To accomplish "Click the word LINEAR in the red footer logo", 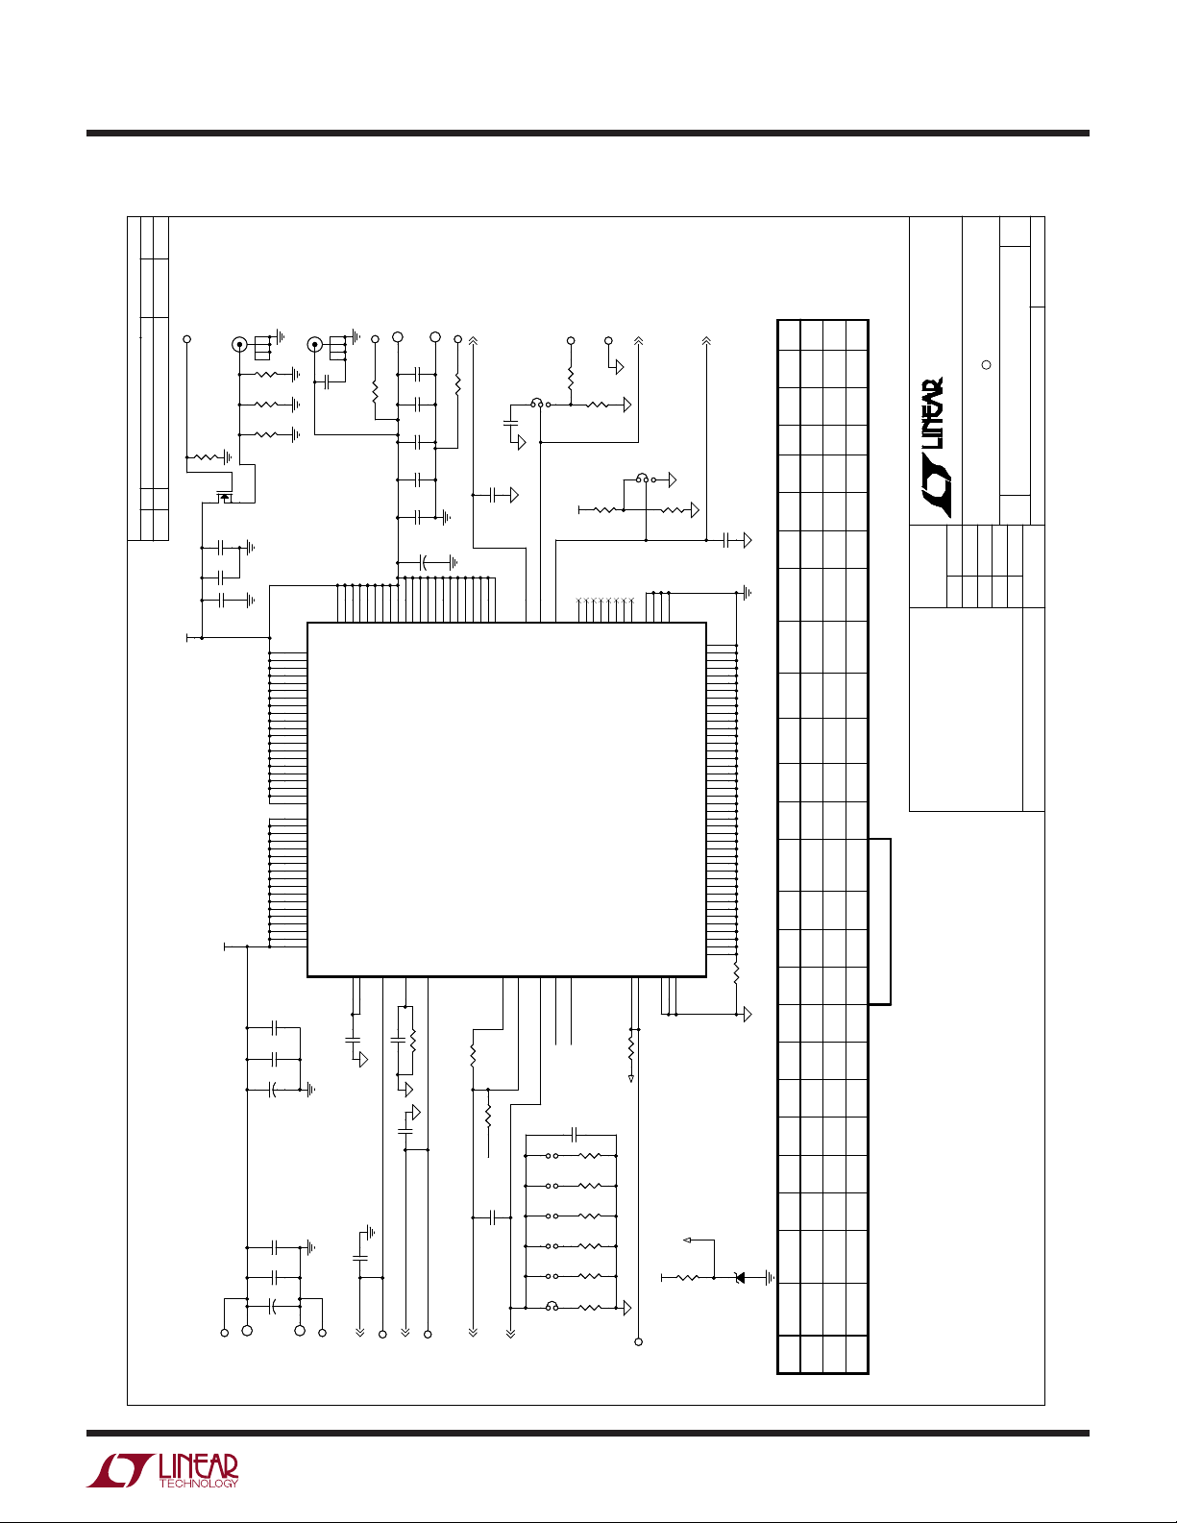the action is [x=198, y=1466].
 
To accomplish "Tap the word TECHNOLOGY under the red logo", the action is [x=198, y=1484].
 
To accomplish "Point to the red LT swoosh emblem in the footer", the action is [x=120, y=1470].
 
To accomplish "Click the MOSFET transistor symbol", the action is [x=225, y=495].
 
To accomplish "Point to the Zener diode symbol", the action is [x=739, y=1277].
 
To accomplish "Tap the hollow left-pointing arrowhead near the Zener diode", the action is [x=687, y=1240].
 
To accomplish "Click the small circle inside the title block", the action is [x=984, y=365].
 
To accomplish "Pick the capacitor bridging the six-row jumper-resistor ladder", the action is [x=574, y=1134].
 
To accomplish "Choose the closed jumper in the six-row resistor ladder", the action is [x=552, y=1306].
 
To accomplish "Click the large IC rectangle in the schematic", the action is [x=506, y=798].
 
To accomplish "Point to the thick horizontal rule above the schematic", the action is [x=588, y=134].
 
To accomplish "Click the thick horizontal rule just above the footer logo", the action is [x=588, y=1433].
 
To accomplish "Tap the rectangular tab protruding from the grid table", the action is [x=880, y=921].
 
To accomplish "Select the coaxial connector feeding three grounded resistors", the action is [x=239, y=344].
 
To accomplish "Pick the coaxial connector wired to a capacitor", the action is [x=313, y=344].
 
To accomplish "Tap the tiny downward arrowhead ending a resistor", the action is [x=631, y=1079].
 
